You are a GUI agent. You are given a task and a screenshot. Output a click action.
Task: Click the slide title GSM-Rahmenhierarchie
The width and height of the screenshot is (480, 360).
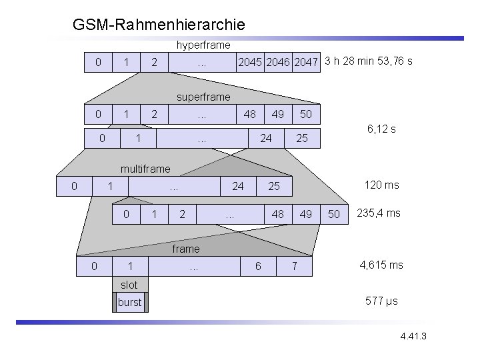coord(159,25)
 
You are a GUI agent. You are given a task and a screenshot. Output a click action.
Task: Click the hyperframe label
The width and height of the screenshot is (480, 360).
coord(203,45)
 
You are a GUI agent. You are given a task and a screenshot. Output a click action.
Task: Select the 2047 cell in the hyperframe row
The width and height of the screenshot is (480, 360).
coord(306,63)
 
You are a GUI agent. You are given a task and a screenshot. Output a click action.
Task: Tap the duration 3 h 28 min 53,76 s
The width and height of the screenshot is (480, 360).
coord(369,61)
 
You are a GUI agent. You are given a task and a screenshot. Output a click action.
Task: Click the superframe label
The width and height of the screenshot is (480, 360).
coord(203,97)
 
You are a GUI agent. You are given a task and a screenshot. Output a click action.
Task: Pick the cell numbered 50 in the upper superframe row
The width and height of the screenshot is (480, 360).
coord(305,114)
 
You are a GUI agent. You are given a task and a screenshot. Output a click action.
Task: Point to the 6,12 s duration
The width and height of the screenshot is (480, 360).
coord(381,129)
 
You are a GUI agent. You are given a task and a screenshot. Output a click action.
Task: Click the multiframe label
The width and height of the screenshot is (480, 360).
coord(145,169)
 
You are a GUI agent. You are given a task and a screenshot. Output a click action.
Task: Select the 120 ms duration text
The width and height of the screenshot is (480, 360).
coord(381,185)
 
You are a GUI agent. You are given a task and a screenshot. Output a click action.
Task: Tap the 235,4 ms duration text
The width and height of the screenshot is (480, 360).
coord(379,213)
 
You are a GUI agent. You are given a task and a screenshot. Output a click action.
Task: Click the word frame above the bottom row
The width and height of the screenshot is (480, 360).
coord(185,249)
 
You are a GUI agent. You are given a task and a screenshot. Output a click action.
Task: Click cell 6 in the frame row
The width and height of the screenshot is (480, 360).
coord(258,267)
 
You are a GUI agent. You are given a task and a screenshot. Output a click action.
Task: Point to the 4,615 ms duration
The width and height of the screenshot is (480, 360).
coord(381,265)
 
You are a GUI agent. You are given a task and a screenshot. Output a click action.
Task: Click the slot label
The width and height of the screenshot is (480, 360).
coord(129,285)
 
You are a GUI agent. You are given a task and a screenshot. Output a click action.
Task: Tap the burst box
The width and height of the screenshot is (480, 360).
coord(129,302)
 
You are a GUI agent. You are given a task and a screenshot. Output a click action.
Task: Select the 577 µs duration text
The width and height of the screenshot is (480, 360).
coord(381,301)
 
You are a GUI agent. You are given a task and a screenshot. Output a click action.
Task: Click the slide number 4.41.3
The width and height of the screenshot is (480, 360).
coord(413,335)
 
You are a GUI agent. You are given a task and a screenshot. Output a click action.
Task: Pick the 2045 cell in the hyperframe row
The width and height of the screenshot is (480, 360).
coord(250,63)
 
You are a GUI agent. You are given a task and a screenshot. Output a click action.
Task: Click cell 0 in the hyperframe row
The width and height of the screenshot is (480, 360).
coord(98,63)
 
